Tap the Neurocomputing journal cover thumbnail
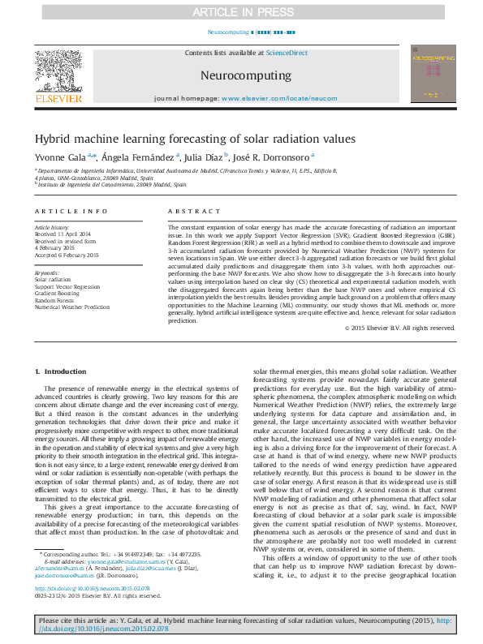[432, 74]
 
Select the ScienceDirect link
[287, 53]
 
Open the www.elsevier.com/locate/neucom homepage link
[278, 98]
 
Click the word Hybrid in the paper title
[51, 139]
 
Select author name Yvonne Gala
[59, 157]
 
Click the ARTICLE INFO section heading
[71, 211]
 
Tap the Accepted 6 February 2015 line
[66, 255]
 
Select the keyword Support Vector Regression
[67, 287]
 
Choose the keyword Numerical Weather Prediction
[71, 307]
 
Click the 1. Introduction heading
[56, 371]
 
